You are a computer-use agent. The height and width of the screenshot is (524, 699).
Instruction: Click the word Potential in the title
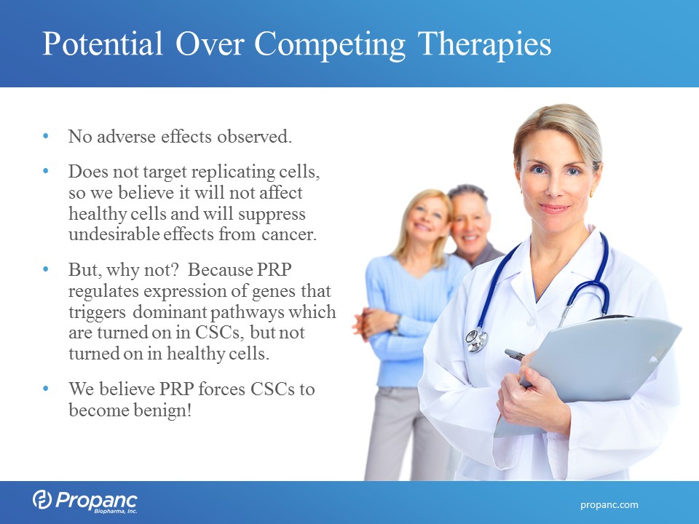103,44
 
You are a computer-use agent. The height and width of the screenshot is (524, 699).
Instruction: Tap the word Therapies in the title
485,46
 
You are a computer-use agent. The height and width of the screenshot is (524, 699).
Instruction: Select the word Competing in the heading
330,46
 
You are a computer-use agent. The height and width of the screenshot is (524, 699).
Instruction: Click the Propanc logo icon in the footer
42,499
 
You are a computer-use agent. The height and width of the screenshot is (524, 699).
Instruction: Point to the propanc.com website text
609,505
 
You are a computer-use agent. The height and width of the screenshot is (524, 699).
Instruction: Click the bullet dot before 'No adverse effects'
45,135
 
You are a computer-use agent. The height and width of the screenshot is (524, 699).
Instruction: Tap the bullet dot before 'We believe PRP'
45,389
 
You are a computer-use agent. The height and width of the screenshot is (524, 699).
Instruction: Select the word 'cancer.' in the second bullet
289,234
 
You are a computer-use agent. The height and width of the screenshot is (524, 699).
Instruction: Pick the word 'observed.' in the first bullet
255,136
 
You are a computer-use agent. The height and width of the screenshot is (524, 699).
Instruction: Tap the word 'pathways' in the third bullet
247,312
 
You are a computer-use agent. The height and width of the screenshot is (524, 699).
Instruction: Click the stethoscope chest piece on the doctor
476,340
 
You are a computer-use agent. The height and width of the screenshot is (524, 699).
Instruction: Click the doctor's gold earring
591,194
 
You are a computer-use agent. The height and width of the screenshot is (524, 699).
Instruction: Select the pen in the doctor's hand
516,354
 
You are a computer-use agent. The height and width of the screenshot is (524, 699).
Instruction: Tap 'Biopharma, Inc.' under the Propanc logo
116,511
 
